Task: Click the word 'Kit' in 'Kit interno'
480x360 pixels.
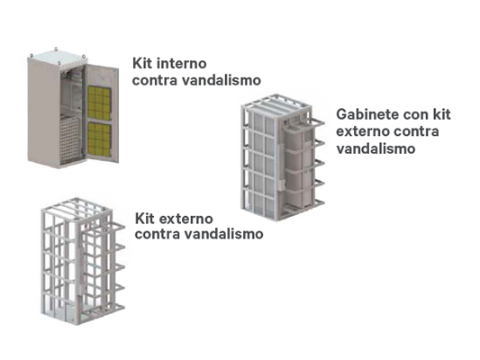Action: coord(142,63)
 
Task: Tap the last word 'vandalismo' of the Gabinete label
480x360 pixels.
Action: coord(376,148)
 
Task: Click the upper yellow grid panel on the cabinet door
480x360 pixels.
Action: coord(99,103)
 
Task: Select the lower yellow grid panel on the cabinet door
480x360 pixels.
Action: coord(99,139)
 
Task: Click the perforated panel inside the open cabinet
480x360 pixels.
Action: coord(70,139)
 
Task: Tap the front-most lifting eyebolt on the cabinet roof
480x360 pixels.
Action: coord(59,63)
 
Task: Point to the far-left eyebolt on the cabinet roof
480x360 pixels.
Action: coord(32,56)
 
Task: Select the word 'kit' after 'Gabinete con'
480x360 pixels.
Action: coord(441,114)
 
